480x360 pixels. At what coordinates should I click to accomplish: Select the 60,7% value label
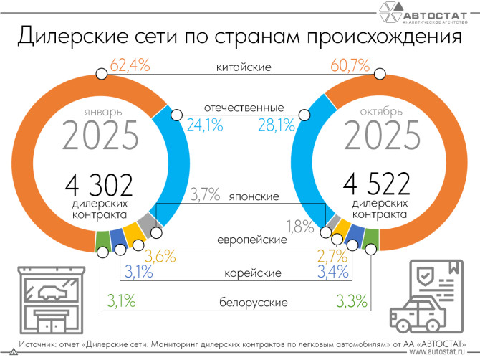(349, 66)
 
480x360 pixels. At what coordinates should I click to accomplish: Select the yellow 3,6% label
(160, 254)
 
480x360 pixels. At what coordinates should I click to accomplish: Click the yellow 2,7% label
(332, 254)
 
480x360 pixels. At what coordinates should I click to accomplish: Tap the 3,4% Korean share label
(332, 272)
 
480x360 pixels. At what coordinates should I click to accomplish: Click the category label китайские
(244, 68)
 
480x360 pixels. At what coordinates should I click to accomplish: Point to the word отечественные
(244, 108)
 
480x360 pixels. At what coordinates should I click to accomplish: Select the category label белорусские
(244, 303)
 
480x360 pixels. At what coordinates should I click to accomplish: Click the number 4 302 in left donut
(100, 186)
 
